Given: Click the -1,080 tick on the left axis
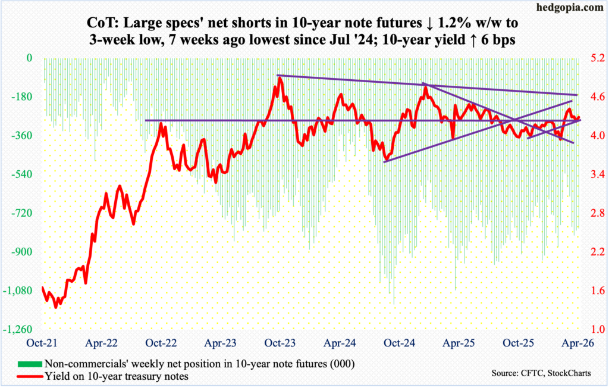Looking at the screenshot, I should point(21,291).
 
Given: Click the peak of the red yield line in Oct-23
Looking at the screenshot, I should point(278,78).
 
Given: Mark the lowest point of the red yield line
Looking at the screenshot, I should point(56,307).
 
